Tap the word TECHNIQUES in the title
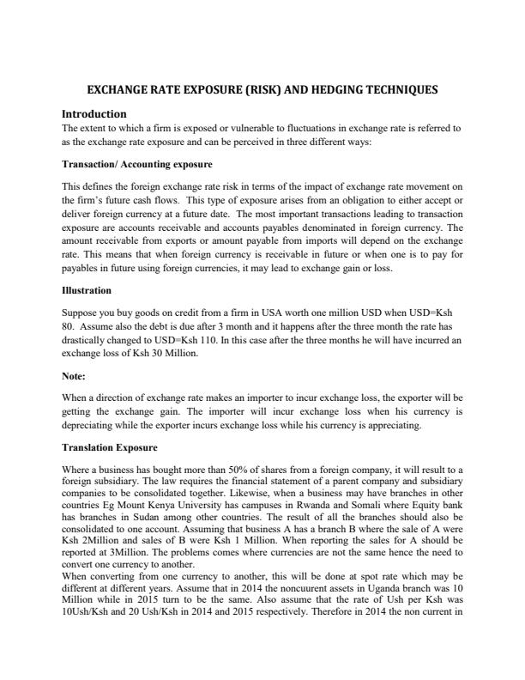pyautogui.click(x=407, y=89)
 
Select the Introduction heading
pyautogui.click(x=94, y=113)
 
